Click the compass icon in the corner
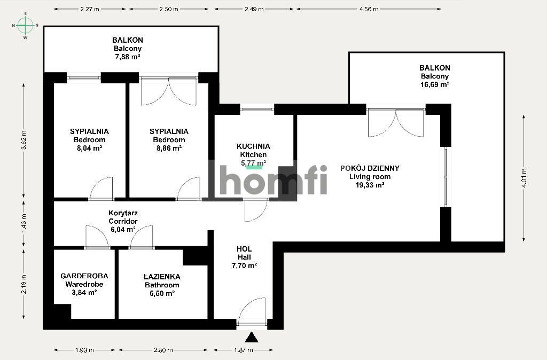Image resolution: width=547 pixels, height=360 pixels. click(x=25, y=25)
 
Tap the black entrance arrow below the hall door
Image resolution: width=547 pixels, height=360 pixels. click(x=251, y=338)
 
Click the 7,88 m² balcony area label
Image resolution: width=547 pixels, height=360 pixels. click(x=127, y=56)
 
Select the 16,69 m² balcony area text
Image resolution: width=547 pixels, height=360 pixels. click(x=434, y=84)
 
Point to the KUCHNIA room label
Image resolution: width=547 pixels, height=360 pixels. click(x=253, y=146)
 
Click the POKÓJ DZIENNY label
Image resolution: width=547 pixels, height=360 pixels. click(x=370, y=168)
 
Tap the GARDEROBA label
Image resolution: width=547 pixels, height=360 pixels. click(x=84, y=276)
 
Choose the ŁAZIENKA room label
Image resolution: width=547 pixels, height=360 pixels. click(x=162, y=277)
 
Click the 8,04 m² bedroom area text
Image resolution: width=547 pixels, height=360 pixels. click(x=89, y=148)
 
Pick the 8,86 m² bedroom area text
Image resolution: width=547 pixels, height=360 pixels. click(x=169, y=148)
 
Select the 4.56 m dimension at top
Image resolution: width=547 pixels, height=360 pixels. click(x=369, y=9)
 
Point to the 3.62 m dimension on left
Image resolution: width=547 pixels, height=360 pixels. click(x=23, y=140)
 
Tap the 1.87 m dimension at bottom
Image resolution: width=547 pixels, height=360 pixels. click(x=243, y=350)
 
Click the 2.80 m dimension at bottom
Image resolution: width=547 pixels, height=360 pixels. click(x=163, y=350)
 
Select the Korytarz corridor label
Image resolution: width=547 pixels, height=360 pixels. click(x=123, y=212)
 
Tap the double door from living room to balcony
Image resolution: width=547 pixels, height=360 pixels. click(x=395, y=123)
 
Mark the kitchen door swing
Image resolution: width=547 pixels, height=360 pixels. click(x=255, y=210)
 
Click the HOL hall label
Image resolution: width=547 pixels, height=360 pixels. click(x=244, y=249)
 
